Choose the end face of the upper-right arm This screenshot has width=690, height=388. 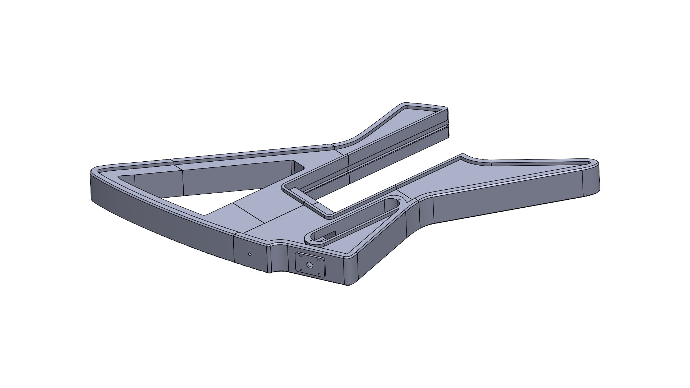(448, 122)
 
